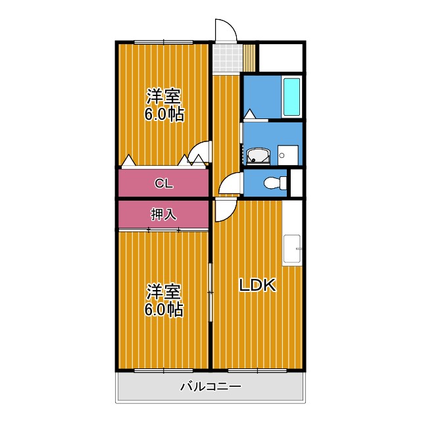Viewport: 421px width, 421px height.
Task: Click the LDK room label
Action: (x=257, y=285)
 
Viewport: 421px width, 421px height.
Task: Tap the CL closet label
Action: (x=164, y=184)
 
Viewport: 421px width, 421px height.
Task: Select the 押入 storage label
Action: (x=164, y=214)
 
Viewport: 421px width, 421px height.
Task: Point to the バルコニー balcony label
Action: (x=210, y=386)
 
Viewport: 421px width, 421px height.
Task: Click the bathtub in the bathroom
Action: (x=291, y=97)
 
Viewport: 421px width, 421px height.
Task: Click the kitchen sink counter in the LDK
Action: (x=292, y=250)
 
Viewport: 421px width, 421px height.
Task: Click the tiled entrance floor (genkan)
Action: (x=227, y=57)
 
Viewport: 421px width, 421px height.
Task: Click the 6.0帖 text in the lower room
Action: (x=164, y=309)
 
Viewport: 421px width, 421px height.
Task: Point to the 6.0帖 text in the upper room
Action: (x=164, y=114)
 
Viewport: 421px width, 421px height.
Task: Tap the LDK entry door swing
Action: (x=222, y=210)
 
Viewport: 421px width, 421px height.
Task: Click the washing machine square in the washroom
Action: (x=287, y=155)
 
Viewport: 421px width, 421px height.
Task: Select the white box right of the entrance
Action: (x=280, y=57)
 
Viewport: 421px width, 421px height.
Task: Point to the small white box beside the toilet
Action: (x=296, y=183)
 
